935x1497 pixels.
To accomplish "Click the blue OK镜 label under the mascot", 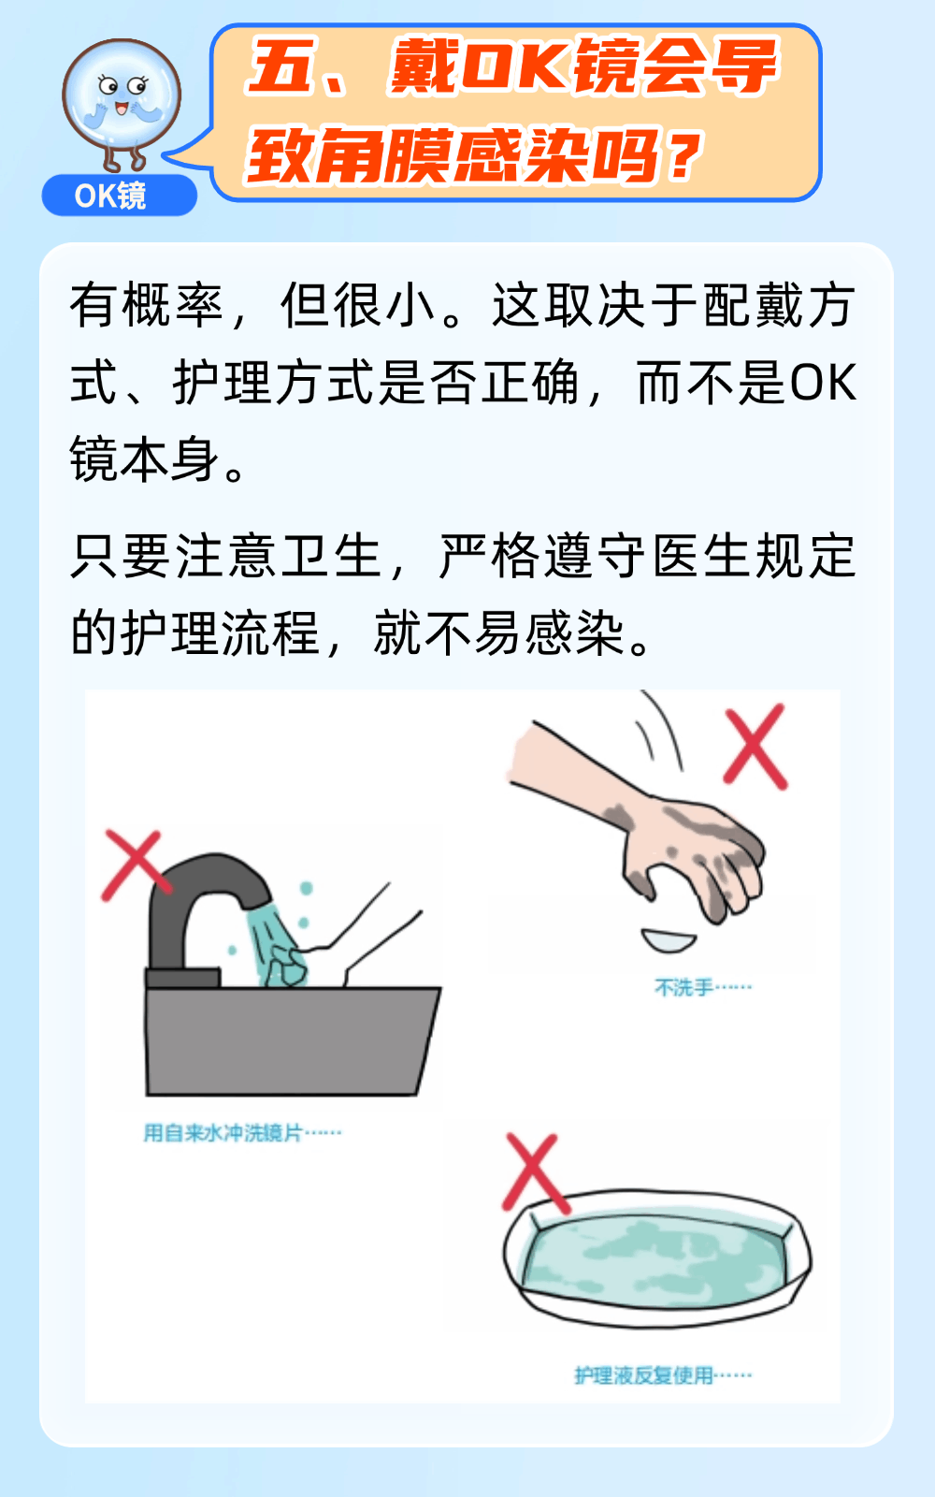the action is coord(120,196).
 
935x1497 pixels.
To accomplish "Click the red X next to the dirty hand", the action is coord(755,746).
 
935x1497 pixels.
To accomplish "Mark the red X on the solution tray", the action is coord(534,1174).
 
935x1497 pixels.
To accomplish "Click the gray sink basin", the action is coord(292,1040).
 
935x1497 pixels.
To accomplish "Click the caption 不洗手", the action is coord(684,987).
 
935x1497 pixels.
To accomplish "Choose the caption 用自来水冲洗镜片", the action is coord(223,1133).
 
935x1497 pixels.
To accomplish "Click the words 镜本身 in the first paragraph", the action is coord(144,459).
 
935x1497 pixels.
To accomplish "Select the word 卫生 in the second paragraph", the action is coord(331,556).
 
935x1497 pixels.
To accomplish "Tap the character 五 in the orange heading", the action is coord(281,67).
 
